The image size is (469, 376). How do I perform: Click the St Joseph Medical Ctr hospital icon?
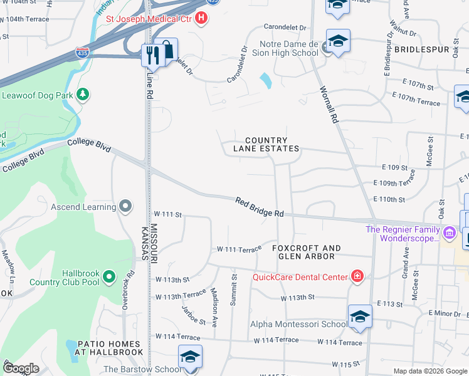[201, 18]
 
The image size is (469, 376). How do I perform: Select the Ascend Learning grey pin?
[126, 206]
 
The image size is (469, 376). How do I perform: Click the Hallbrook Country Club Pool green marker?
[109, 276]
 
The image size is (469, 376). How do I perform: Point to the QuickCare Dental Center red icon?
[357, 276]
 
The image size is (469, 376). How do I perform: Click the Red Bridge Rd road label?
[260, 207]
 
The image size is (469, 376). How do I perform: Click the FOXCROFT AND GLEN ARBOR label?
[307, 252]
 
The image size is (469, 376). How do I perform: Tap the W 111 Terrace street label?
[239, 249]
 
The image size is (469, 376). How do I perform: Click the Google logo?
[21, 369]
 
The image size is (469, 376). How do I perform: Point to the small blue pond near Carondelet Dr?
[265, 80]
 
